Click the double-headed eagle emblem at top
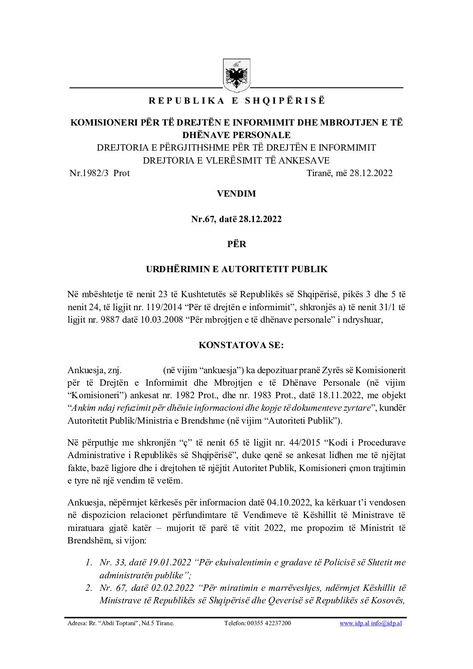[x=236, y=74]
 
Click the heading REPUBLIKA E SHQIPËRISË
[x=236, y=101]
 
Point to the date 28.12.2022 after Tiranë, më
[x=372, y=173]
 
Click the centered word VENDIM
[x=236, y=194]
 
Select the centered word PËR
[x=236, y=244]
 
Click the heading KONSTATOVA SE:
[x=236, y=346]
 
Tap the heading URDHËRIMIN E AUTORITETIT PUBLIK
[x=236, y=269]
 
